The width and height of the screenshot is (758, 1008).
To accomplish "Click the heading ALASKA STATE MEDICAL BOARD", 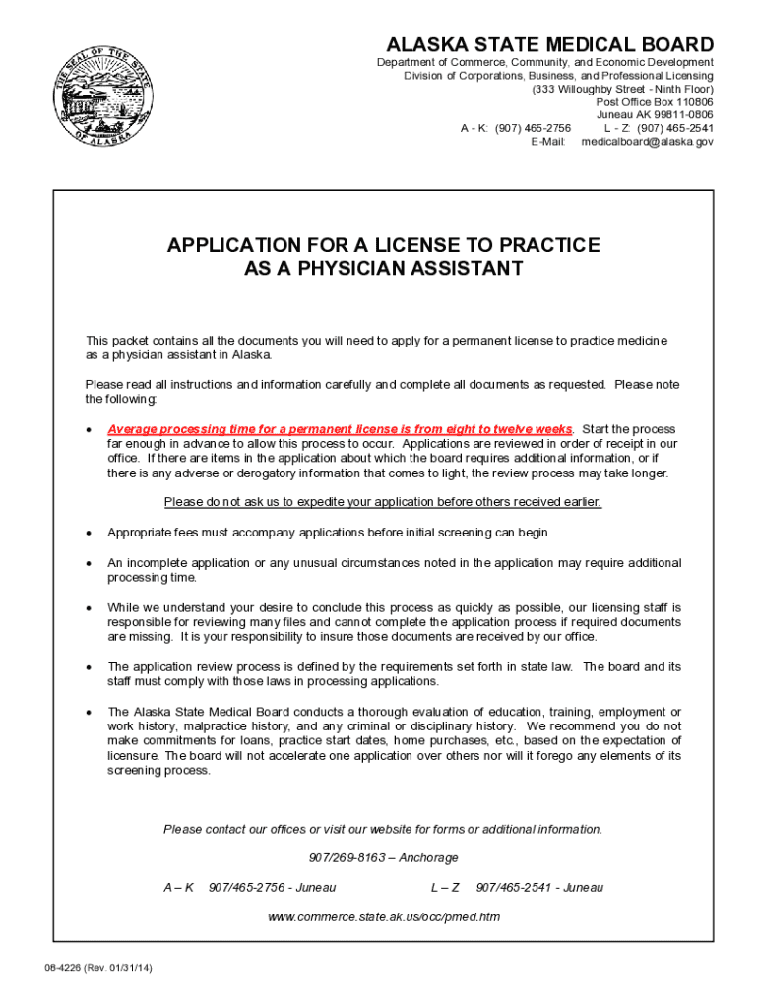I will [549, 44].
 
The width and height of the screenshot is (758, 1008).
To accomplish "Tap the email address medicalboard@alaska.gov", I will [647, 141].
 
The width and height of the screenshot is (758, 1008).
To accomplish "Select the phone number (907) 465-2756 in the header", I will [533, 128].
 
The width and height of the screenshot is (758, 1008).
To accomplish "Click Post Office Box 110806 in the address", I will [655, 101].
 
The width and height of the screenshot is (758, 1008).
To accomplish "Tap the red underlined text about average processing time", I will [340, 429].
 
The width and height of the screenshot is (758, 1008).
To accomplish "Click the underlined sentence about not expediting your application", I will [382, 502].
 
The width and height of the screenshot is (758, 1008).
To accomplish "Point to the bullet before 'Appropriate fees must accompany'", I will [89, 533].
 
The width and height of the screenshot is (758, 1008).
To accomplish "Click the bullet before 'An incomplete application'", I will [89, 563].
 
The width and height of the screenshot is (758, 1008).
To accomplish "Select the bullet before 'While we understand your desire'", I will [89, 608].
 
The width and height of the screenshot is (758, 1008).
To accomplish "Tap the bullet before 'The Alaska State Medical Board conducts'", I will [89, 712].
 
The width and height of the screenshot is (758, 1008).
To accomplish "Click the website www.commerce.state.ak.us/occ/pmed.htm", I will [384, 917].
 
